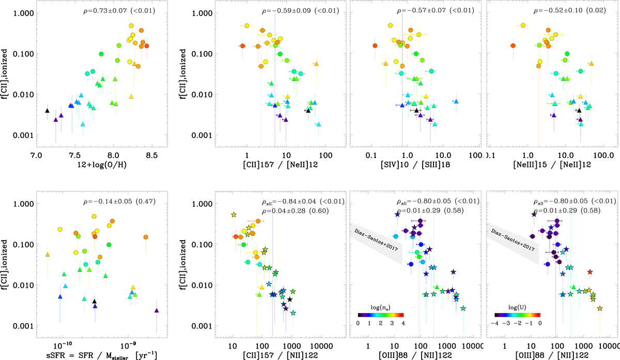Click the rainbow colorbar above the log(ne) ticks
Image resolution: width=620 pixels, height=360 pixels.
380,314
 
